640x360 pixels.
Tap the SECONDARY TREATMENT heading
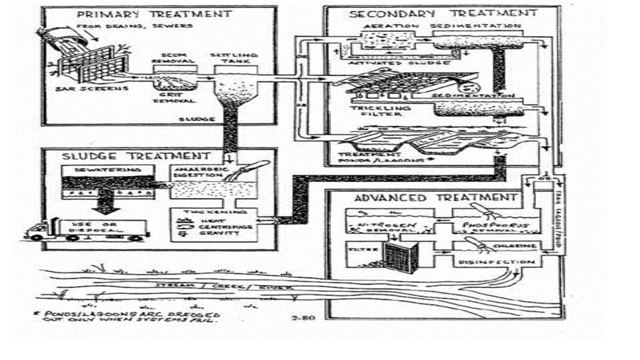pos(443,13)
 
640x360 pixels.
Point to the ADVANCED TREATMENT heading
pos(435,197)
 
